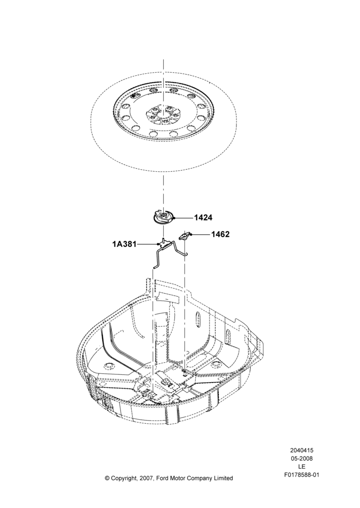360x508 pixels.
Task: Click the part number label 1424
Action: pos(203,218)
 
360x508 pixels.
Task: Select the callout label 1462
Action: pos(220,234)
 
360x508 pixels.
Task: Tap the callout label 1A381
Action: pos(125,244)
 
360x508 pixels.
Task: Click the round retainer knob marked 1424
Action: pos(164,216)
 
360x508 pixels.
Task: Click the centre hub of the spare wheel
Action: pos(163,116)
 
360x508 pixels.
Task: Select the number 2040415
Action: pos(302,450)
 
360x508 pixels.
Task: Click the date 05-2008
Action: pos(302,458)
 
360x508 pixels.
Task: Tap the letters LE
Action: pos(302,466)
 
